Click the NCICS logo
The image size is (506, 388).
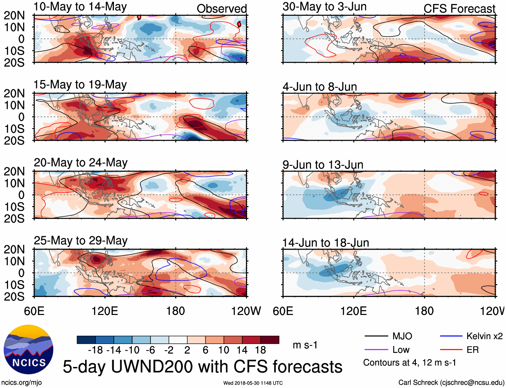(28, 349)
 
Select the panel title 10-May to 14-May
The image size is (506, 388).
(80, 7)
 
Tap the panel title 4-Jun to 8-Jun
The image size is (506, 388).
(320, 87)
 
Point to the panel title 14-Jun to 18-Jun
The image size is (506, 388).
(325, 243)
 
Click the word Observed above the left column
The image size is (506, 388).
(222, 9)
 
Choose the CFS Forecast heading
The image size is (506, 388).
(459, 9)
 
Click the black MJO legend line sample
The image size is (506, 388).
(376, 336)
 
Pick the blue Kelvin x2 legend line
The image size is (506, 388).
(451, 336)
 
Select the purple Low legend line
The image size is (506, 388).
(376, 350)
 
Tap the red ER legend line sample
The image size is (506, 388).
(451, 350)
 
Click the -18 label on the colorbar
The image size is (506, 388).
(96, 350)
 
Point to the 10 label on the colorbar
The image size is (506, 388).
(224, 350)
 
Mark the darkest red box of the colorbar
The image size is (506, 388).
(270, 340)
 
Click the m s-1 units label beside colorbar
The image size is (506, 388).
(305, 345)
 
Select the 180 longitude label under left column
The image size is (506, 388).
(176, 311)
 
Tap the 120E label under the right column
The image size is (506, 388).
(354, 311)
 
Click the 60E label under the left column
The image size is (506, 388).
(34, 311)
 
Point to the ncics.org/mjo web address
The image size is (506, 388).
(21, 383)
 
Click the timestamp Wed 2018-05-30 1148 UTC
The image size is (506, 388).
(253, 383)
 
